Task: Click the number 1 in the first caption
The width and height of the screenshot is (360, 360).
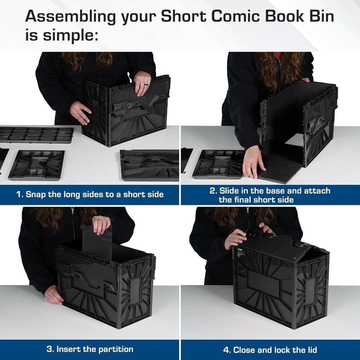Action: pyautogui.click(x=19, y=195)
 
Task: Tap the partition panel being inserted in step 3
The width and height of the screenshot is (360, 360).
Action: pyautogui.click(x=97, y=241)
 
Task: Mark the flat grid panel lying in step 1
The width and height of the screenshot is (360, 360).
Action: pyautogui.click(x=36, y=135)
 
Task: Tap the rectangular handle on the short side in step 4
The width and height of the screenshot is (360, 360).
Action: pyautogui.click(x=311, y=292)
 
